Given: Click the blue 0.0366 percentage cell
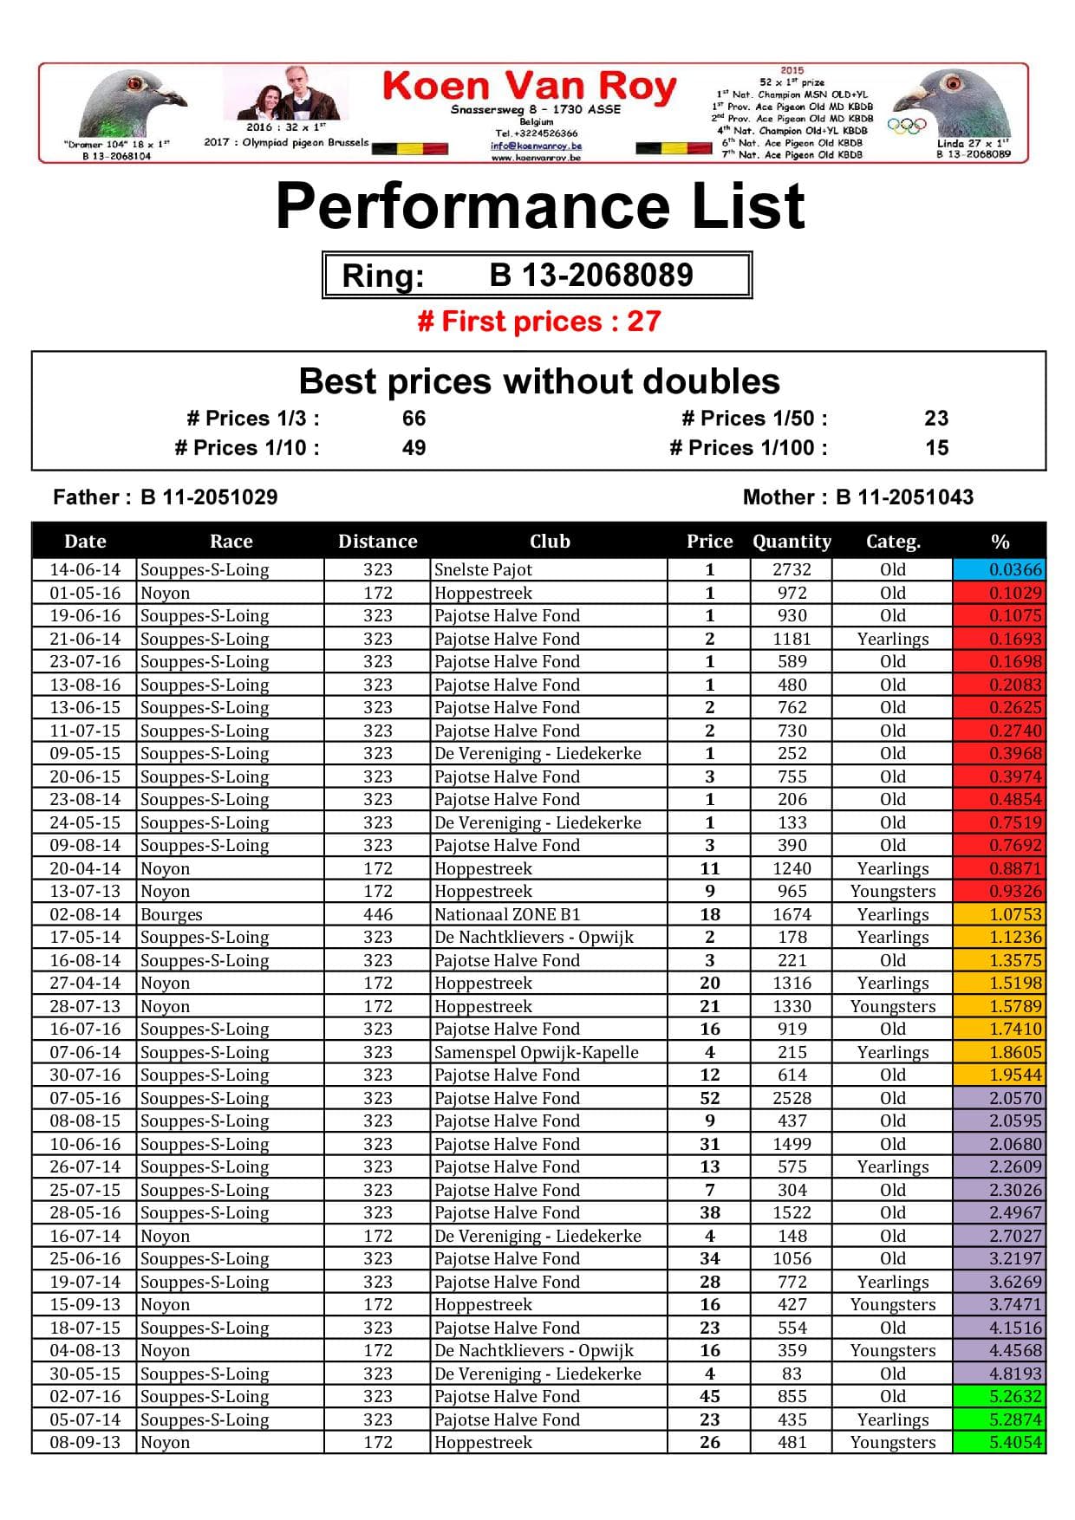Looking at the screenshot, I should tap(999, 569).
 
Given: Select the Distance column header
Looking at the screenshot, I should tap(377, 542).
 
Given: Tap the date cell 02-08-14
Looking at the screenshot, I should tap(85, 914).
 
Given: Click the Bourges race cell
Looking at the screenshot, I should tap(172, 914).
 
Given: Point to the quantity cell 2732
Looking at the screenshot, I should tap(792, 569).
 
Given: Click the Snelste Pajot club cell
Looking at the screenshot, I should tap(483, 569).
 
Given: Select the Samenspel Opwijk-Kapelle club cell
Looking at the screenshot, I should tap(536, 1052).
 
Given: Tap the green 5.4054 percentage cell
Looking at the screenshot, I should tap(999, 1442).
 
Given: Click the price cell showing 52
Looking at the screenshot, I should tap(709, 1098).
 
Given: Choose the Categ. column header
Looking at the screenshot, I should tap(893, 542).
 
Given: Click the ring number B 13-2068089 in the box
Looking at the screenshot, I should tap(590, 276).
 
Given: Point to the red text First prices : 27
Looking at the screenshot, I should tap(539, 322).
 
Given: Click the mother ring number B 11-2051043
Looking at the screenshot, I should tap(904, 497).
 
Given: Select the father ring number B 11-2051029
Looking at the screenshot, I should tap(209, 497).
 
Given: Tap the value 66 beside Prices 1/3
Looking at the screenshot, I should tap(414, 419).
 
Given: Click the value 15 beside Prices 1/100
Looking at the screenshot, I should tap(936, 448).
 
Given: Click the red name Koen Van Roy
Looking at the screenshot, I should tap(529, 87).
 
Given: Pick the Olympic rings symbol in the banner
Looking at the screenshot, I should tap(907, 125).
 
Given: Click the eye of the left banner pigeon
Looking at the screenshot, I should tap(134, 84).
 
